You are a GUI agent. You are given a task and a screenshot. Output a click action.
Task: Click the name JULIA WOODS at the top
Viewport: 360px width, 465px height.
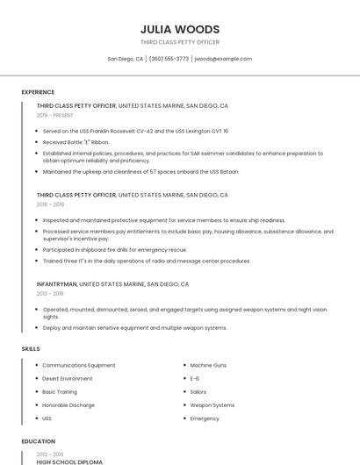(179, 29)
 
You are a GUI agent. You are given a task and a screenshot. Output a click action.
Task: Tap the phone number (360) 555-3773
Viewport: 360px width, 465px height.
(169, 59)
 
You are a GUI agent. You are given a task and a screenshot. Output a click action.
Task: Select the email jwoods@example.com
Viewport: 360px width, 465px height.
(223, 59)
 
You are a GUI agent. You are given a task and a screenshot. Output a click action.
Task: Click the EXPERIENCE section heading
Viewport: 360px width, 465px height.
(38, 92)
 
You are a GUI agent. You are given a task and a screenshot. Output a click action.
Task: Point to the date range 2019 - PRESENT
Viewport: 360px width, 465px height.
(55, 115)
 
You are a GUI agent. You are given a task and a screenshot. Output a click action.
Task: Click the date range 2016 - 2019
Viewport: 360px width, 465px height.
(50, 204)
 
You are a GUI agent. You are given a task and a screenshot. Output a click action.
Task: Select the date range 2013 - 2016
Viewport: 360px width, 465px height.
(50, 294)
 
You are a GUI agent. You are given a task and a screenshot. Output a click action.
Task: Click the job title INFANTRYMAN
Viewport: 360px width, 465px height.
(57, 284)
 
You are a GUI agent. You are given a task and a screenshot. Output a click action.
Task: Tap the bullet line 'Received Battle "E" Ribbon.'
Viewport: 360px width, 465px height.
(76, 141)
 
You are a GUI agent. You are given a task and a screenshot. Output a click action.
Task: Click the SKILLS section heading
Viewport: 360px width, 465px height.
(31, 349)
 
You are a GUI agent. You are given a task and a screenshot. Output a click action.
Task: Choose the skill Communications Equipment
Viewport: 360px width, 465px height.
(79, 365)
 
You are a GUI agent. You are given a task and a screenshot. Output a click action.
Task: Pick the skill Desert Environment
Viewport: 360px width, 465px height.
(68, 378)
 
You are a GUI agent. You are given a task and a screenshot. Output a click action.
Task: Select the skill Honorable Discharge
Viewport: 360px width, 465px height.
(68, 405)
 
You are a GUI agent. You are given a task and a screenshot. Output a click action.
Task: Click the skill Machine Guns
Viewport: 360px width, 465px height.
(208, 365)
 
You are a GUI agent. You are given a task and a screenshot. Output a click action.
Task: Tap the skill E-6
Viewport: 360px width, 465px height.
(195, 378)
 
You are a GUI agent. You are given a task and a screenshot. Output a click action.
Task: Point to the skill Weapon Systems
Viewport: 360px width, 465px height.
(212, 405)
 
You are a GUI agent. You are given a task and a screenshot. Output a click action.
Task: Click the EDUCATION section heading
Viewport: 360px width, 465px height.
(38, 441)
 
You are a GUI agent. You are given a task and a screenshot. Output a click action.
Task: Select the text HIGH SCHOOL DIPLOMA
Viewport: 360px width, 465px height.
(69, 461)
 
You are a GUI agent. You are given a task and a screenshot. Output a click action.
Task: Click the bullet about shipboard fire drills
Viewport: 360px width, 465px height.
(115, 249)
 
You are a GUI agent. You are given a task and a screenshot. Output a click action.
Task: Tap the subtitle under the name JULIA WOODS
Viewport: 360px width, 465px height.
(179, 42)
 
